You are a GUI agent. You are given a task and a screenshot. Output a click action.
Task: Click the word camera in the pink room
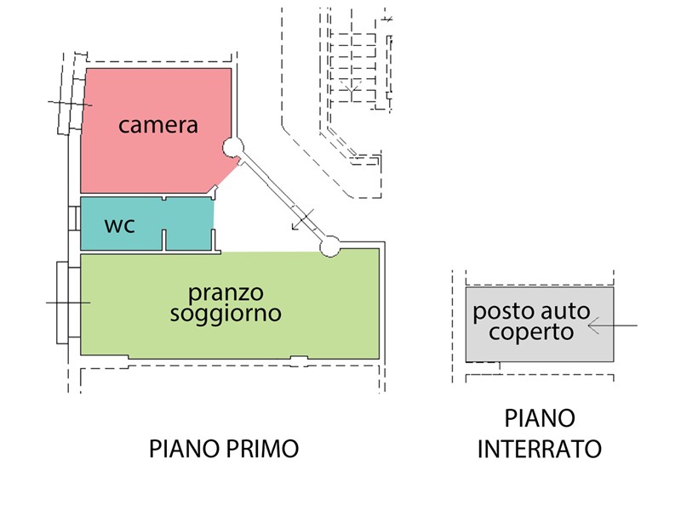(158, 126)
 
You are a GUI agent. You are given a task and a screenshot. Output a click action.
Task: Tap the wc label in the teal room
(119, 226)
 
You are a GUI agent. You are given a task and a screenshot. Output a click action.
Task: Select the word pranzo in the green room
(226, 293)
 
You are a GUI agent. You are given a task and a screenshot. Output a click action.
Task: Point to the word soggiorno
(226, 314)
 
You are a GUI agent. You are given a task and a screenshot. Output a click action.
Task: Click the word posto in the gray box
(501, 311)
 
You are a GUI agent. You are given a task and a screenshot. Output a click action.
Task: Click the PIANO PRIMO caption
(225, 448)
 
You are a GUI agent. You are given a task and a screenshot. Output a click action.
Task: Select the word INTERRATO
(540, 449)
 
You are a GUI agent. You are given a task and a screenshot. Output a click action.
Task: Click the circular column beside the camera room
(232, 148)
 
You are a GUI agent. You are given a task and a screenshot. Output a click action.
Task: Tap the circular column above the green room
(329, 246)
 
